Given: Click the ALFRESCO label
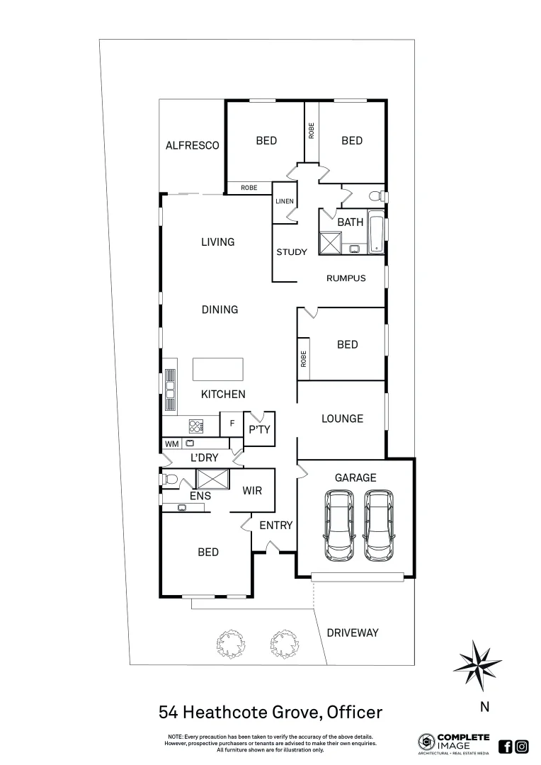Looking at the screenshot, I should [192, 146].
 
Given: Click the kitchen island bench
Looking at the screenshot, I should [218, 370].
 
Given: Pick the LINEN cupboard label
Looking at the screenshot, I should [285, 202].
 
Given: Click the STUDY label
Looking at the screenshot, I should [291, 252].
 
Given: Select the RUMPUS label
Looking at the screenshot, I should [346, 278].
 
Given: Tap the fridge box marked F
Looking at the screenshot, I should [231, 424].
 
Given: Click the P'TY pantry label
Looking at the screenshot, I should [258, 429].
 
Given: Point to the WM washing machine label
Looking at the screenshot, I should [171, 444].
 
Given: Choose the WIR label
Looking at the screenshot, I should [253, 490].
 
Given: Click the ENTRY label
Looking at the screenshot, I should [275, 526].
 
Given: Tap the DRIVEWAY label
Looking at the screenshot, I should [353, 633].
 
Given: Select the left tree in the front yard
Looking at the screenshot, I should [229, 643].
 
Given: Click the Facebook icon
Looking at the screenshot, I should [506, 746].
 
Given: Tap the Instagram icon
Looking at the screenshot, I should [522, 746].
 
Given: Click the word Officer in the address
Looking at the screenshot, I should [354, 712].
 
